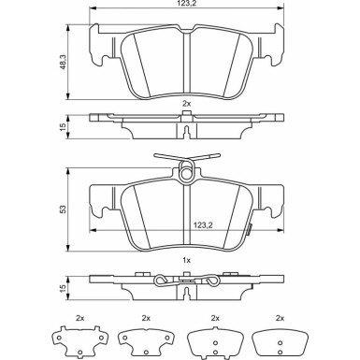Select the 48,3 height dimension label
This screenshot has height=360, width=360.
[63, 63]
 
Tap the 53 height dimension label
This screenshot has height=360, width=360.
[63, 209]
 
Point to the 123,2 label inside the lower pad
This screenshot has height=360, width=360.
[203, 224]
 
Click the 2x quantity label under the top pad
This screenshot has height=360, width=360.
[186, 104]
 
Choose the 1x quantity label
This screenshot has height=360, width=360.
[186, 260]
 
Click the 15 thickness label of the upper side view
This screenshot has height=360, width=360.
[63, 126]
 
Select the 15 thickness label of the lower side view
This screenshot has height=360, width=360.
[63, 288]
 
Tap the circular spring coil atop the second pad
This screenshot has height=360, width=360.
[186, 173]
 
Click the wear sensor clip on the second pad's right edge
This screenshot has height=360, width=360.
[249, 229]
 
